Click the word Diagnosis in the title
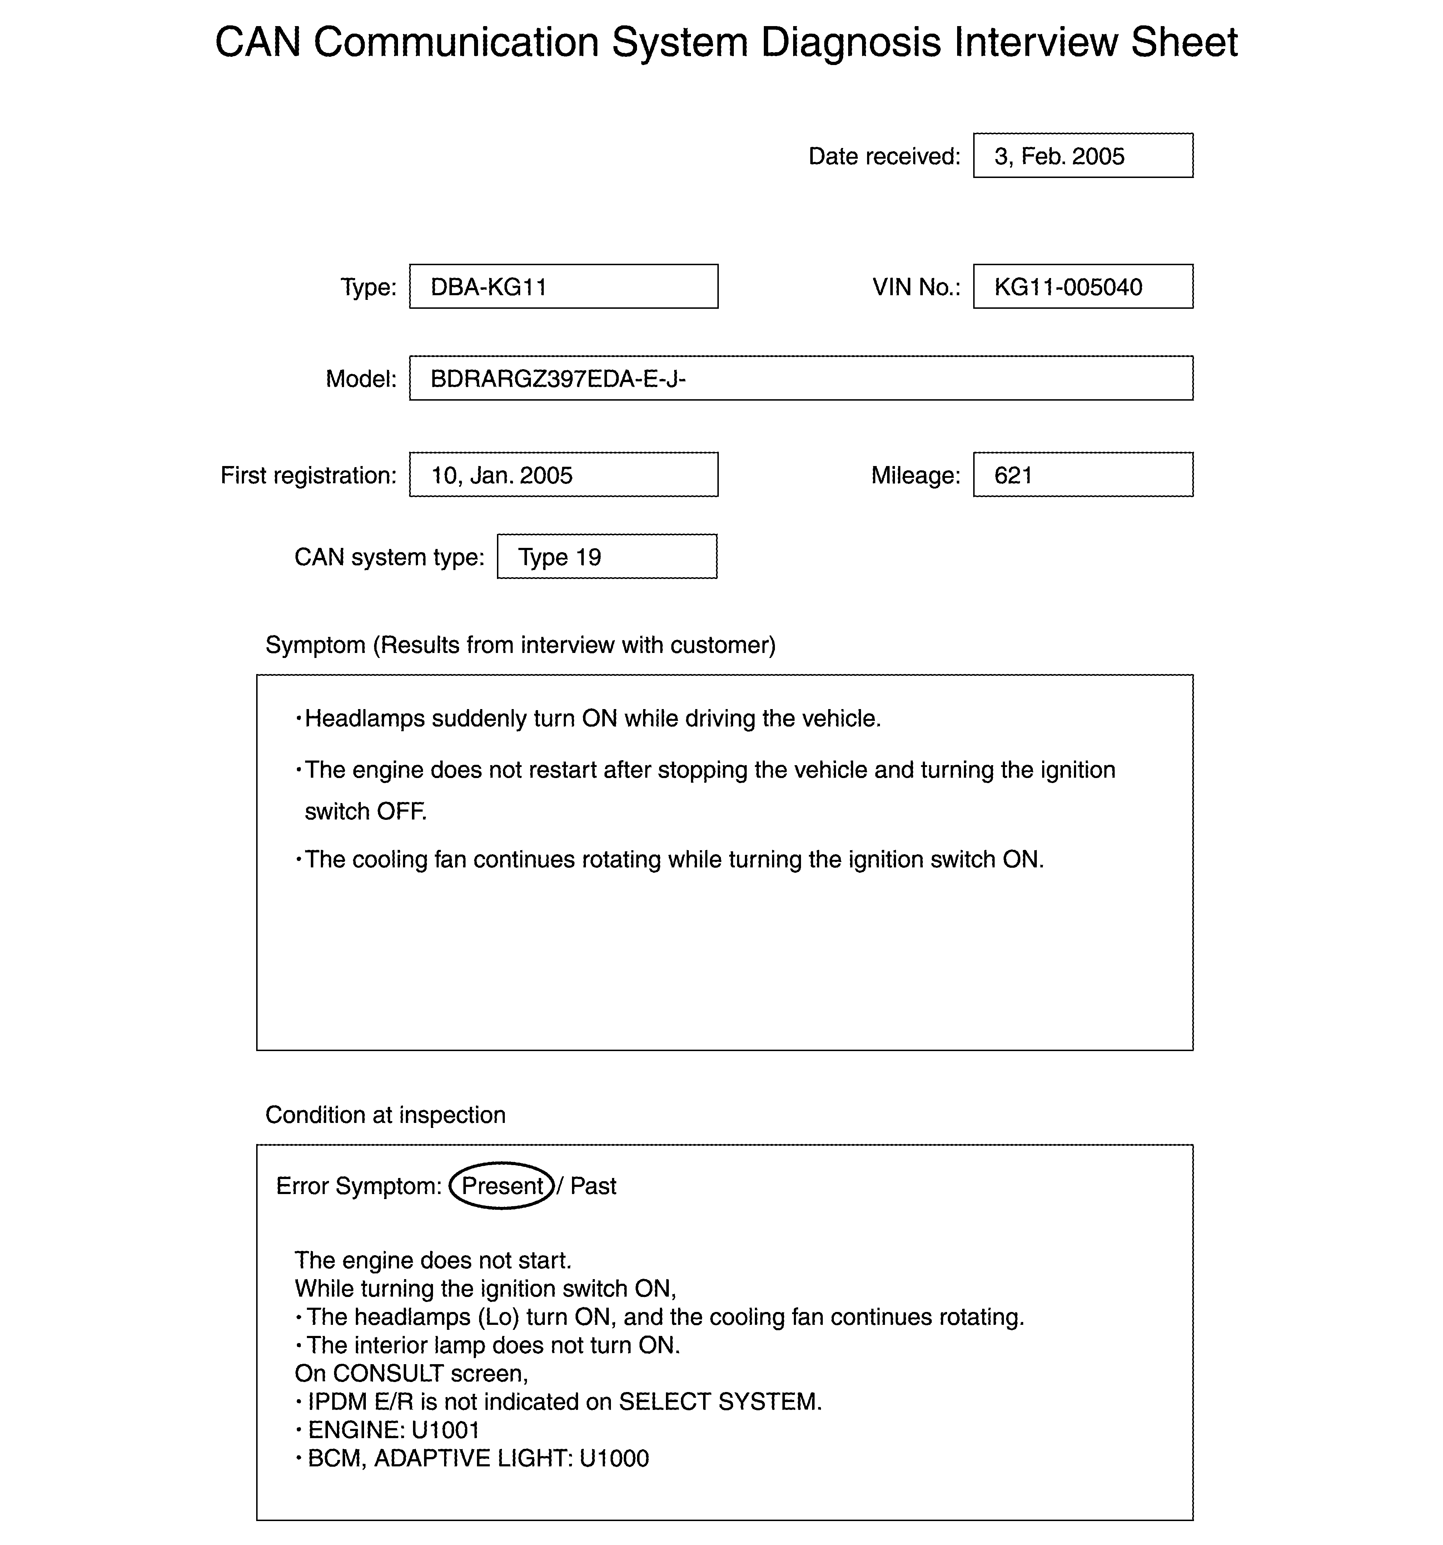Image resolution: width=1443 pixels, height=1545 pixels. tap(851, 43)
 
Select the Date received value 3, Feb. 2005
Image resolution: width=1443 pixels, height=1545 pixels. tap(1059, 156)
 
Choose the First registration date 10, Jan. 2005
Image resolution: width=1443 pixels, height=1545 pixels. tap(501, 476)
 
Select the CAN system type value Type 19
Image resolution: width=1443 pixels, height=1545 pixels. tap(559, 557)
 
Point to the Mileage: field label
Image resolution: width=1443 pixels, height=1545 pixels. tap(915, 476)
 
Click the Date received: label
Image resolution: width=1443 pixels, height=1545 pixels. tap(884, 156)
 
